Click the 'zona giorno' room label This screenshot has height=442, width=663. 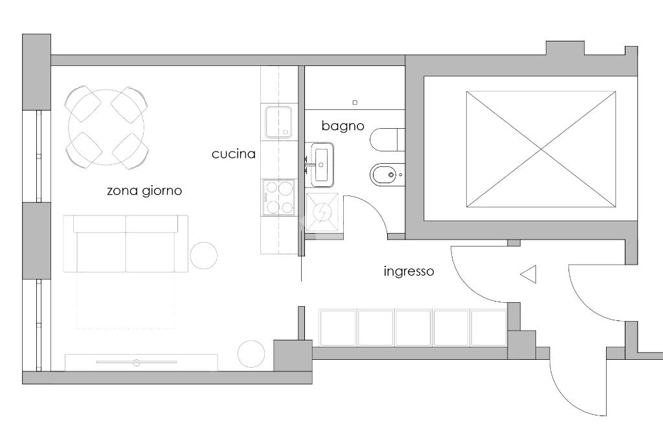tap(144, 191)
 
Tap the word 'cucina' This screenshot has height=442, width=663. tap(233, 154)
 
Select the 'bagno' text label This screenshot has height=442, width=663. tap(343, 126)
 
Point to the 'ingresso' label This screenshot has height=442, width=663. tap(409, 271)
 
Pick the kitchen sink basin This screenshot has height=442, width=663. tap(278, 122)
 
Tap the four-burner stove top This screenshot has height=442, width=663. tap(279, 197)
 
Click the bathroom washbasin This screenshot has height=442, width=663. tap(322, 163)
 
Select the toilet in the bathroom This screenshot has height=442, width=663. tap(388, 138)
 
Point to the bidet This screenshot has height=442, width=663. tap(387, 175)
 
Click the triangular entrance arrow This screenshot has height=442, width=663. tap(529, 275)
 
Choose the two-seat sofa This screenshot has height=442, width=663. tap(126, 245)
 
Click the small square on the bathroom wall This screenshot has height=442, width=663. tap(354, 102)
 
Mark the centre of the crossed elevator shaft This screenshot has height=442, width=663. tap(541, 149)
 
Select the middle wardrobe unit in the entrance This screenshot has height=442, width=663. tap(413, 327)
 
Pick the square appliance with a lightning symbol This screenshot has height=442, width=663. tap(322, 212)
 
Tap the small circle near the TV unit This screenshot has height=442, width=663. tap(251, 353)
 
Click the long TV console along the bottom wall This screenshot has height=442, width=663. tap(141, 362)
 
